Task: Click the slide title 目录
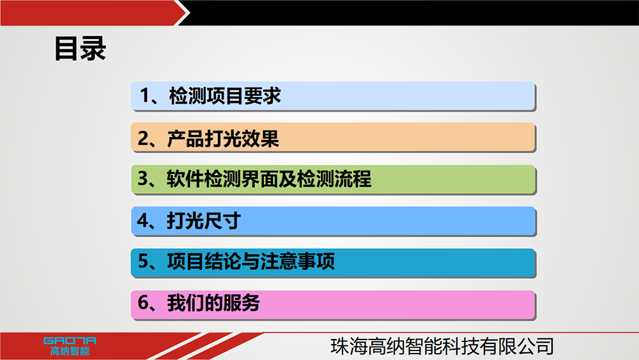(x=81, y=49)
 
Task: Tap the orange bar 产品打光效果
(x=333, y=138)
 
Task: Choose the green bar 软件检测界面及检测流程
(x=333, y=180)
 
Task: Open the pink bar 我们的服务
(x=333, y=305)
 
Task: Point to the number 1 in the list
(x=144, y=96)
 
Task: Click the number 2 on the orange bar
(x=143, y=138)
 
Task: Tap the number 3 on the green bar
(x=143, y=178)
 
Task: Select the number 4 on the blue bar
(x=143, y=221)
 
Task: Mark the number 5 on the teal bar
(x=143, y=262)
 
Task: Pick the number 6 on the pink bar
(x=143, y=303)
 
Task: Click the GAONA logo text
(x=70, y=341)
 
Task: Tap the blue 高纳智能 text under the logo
(x=70, y=351)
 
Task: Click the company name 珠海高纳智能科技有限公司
(x=442, y=346)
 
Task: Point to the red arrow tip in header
(x=189, y=13)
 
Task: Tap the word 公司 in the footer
(x=535, y=346)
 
